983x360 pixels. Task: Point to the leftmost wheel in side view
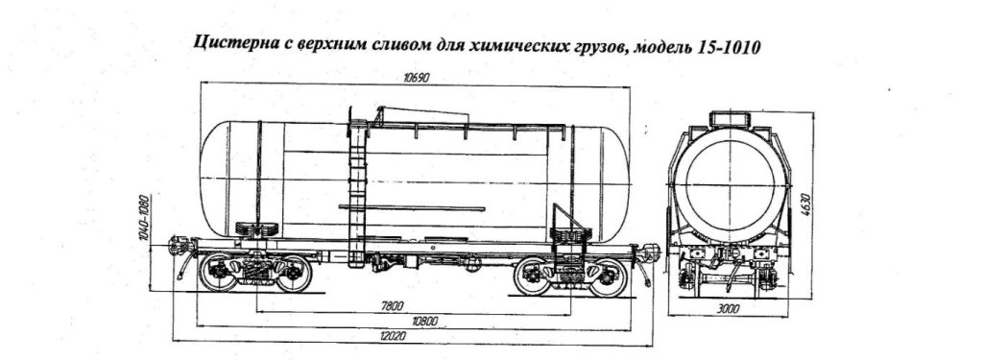219,273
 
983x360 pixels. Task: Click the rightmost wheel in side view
610,276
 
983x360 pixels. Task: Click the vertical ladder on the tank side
359,192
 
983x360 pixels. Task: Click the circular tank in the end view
730,184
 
